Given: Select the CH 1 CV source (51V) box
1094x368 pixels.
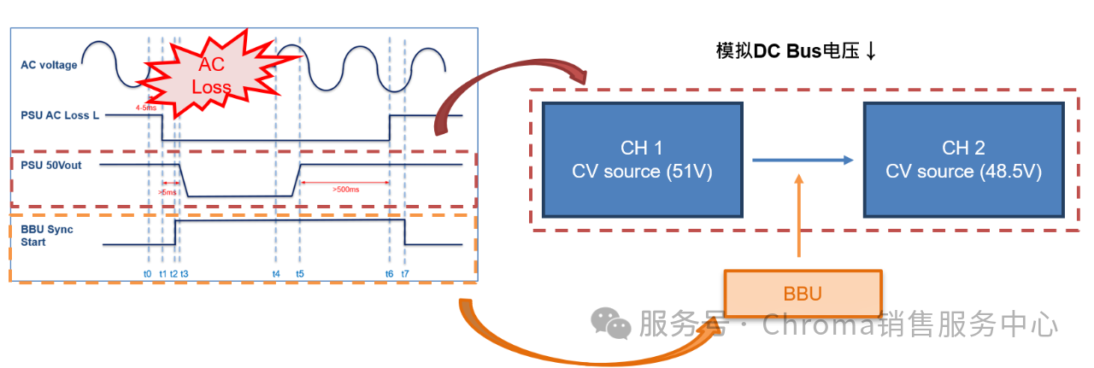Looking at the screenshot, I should pos(641,160).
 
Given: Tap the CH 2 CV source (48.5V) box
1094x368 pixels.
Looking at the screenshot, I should pos(963,160).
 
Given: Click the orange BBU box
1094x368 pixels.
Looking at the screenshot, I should pos(802,295).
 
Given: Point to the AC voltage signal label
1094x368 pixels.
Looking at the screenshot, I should pos(49,65).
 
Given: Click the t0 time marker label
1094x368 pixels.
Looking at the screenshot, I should pos(148,273).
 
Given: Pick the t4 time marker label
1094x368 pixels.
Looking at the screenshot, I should pos(276,273).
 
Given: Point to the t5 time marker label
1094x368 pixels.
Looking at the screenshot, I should pos(300,273).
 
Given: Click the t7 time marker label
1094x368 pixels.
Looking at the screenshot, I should pos(405,273).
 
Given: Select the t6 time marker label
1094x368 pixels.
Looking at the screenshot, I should pos(390,273).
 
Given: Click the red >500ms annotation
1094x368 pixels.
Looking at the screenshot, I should pos(345,189).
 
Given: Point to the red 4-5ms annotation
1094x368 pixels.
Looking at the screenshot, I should pos(146,108).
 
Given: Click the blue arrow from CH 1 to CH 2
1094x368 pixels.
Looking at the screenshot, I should pos(802,160).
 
